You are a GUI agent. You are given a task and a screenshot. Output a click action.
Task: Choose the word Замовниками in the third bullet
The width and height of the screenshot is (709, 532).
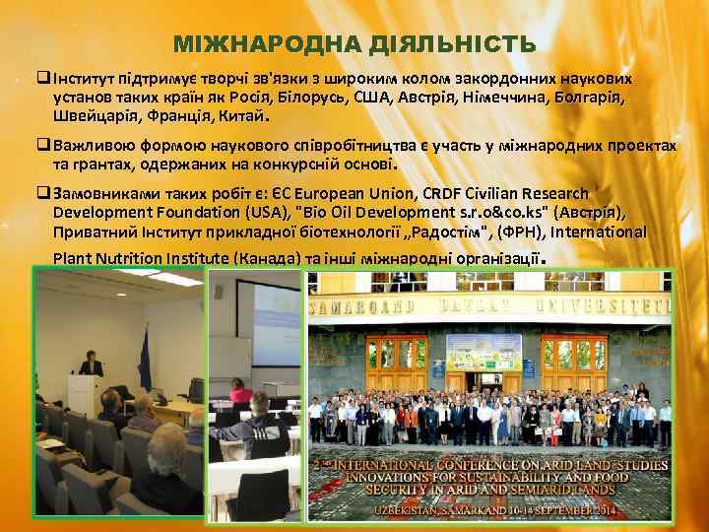click(x=102, y=194)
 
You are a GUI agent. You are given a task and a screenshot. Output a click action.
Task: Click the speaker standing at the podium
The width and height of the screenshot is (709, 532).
click(x=92, y=368)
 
